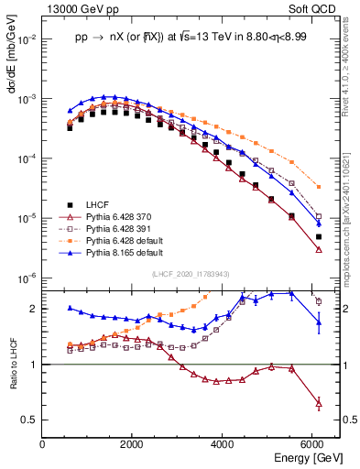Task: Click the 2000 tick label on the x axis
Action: [133, 446]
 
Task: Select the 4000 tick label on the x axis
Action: [224, 446]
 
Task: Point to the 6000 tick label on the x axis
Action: [313, 446]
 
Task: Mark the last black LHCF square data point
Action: [318, 237]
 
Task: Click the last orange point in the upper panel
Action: [318, 187]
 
